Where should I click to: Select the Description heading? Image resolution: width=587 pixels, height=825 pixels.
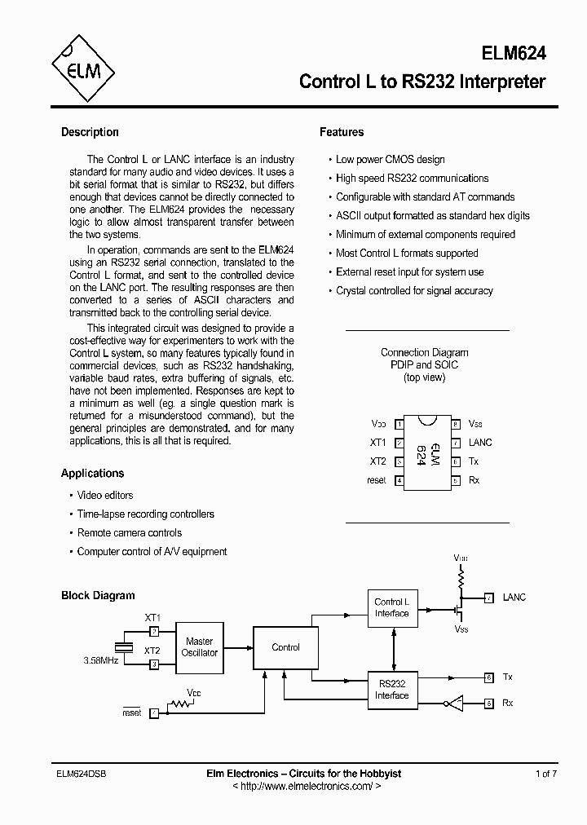pyautogui.click(x=90, y=132)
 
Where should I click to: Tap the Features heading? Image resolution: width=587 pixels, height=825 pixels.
pyautogui.click(x=342, y=132)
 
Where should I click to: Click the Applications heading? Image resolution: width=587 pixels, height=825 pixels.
pyautogui.click(x=93, y=473)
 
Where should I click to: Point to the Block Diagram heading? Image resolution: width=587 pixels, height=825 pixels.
pyautogui.click(x=98, y=595)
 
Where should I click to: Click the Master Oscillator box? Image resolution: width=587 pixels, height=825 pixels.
pyautogui.click(x=199, y=647)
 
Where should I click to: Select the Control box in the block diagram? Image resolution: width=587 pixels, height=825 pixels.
pyautogui.click(x=285, y=647)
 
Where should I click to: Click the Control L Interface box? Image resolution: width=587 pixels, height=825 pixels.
pyautogui.click(x=391, y=608)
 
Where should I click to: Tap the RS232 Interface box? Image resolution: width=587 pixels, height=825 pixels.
pyautogui.click(x=391, y=690)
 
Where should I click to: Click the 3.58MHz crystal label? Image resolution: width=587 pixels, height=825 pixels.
pyautogui.click(x=101, y=660)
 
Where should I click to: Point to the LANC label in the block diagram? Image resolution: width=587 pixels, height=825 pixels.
pyautogui.click(x=514, y=598)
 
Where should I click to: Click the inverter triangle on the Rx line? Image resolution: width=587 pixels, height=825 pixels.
pyautogui.click(x=454, y=703)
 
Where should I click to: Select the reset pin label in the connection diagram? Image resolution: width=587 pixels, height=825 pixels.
pyautogui.click(x=376, y=480)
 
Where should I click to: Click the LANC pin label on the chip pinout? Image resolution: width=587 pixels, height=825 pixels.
pyautogui.click(x=480, y=443)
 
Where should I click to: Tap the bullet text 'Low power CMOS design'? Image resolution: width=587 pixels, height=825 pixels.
pyautogui.click(x=390, y=160)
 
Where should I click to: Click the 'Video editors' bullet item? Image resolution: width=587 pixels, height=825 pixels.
pyautogui.click(x=104, y=495)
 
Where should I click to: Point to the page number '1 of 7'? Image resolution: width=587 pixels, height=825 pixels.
pyautogui.click(x=546, y=774)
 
